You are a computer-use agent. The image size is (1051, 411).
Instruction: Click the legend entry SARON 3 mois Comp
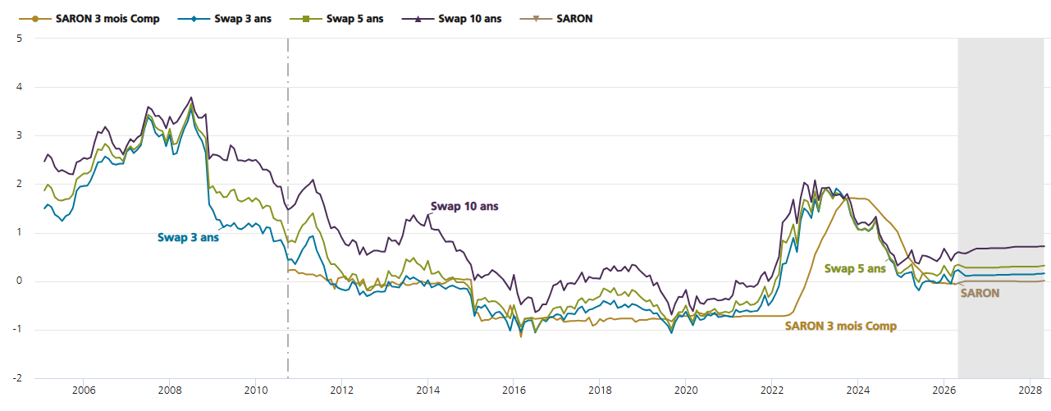point(89,19)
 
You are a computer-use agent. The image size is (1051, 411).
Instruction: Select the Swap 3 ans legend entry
point(225,19)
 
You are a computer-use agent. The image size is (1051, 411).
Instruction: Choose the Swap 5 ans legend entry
point(336,19)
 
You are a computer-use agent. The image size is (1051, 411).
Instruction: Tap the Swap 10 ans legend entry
point(452,19)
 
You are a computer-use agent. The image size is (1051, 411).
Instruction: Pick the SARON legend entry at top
point(556,19)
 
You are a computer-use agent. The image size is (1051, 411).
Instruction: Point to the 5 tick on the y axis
point(19,39)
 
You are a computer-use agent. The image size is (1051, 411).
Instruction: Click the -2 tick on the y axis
point(17,378)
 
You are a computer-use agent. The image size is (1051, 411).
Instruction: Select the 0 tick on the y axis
point(19,281)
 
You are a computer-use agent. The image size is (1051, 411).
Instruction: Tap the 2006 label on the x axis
point(84,390)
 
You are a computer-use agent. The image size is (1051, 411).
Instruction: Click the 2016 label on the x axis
point(514,390)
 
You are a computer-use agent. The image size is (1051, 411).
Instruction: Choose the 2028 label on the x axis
point(1030,390)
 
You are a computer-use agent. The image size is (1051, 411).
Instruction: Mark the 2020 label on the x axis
point(686,390)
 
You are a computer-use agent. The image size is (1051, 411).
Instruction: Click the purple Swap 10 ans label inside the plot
point(464,207)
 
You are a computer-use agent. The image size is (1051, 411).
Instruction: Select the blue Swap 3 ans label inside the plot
point(188,237)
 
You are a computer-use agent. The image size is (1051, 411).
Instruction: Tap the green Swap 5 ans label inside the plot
point(855,268)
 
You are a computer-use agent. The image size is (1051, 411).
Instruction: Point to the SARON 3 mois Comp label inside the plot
point(841,326)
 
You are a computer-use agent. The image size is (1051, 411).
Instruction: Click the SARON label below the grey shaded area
point(980,293)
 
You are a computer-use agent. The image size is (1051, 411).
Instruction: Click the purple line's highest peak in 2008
point(191,98)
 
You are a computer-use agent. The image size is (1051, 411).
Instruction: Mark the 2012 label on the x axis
point(341,390)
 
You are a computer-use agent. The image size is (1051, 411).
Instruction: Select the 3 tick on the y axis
point(19,135)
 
